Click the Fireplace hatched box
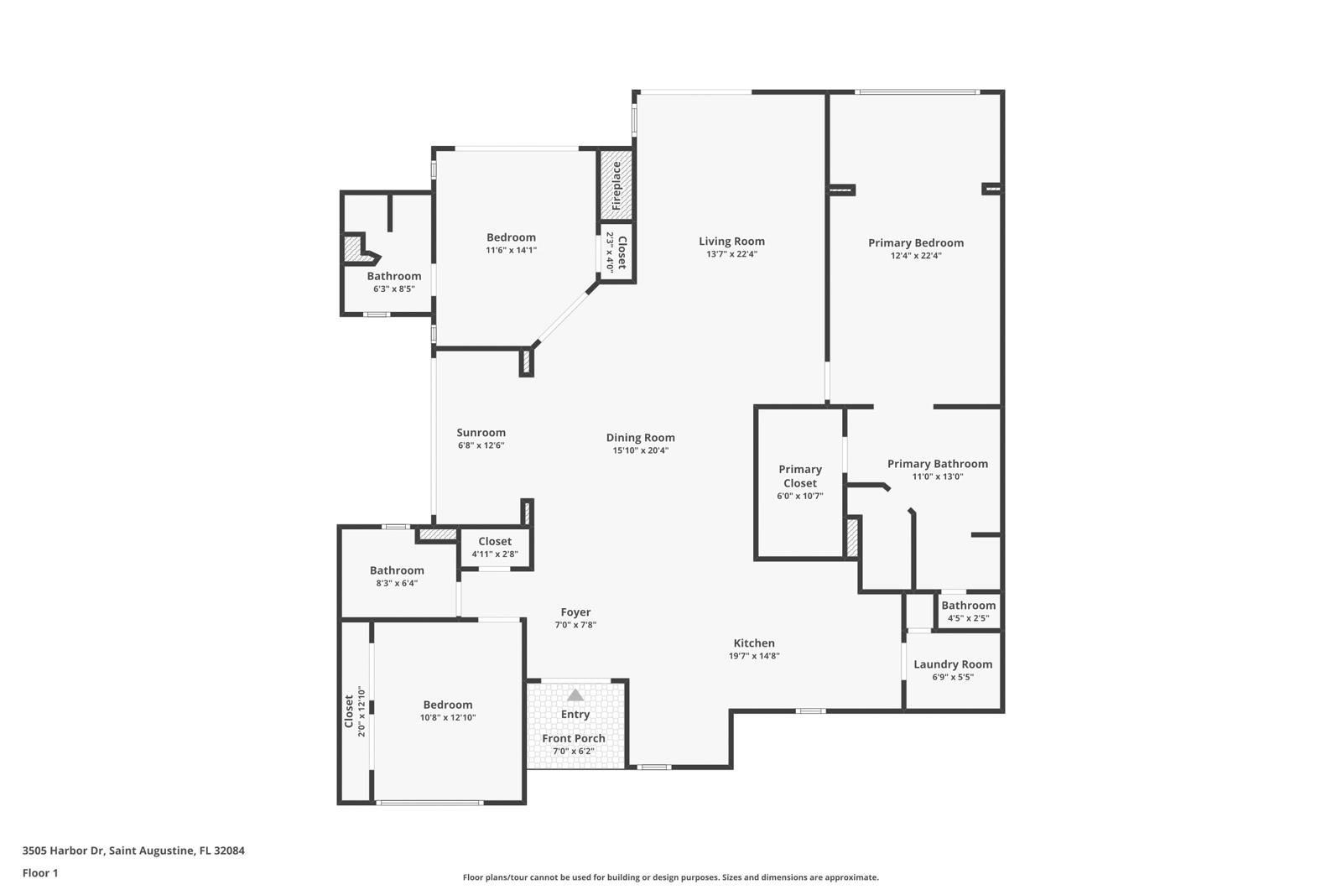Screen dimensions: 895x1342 click(x=616, y=185)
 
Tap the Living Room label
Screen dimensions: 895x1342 click(x=731, y=242)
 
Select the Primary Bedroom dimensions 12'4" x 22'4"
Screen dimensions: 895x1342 click(x=916, y=256)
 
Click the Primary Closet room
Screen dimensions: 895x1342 click(x=799, y=482)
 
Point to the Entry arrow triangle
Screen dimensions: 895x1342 click(x=575, y=695)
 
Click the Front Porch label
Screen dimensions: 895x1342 click(x=574, y=738)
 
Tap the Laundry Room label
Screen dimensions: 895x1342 click(x=953, y=664)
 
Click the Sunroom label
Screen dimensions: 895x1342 click(x=481, y=433)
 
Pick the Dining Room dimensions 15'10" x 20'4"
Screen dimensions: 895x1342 click(x=641, y=450)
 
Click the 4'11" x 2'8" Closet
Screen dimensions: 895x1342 click(x=495, y=548)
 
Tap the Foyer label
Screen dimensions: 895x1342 click(x=575, y=612)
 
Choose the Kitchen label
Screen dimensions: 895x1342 click(x=754, y=643)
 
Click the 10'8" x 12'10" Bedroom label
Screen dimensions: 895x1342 click(x=448, y=705)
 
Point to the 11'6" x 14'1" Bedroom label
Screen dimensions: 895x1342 click(x=511, y=237)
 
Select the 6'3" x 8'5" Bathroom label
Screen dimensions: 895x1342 click(x=394, y=276)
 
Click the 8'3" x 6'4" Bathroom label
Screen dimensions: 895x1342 click(x=397, y=570)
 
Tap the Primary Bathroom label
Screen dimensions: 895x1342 click(x=938, y=464)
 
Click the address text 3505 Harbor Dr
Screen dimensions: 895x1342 click(x=64, y=851)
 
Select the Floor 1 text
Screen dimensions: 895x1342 click(x=40, y=873)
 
